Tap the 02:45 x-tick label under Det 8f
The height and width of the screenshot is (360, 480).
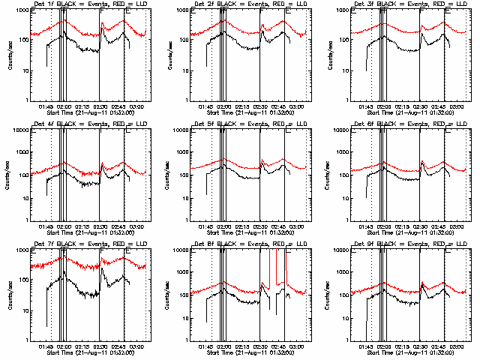point(278,347)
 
